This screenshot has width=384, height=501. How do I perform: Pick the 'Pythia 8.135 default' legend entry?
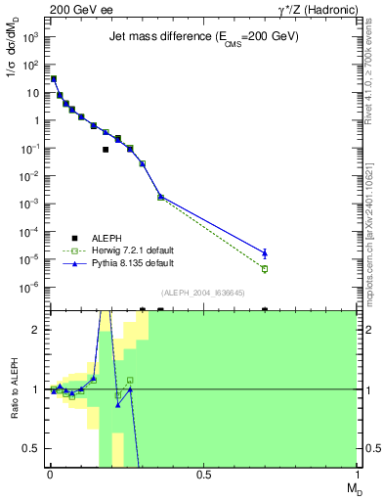coord(132,263)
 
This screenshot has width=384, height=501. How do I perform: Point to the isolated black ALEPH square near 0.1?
coord(106,150)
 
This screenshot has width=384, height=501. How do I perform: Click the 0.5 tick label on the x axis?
coord(203,476)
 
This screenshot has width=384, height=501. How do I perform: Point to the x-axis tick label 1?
coord(356,476)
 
